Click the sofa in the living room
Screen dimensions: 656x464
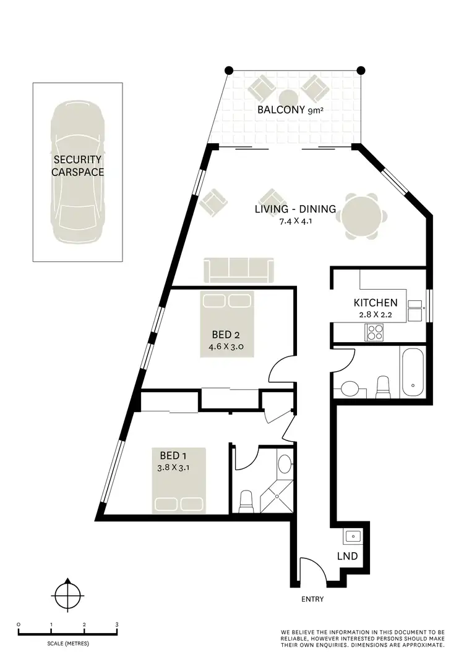pos(239,271)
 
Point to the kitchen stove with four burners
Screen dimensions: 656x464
pos(376,332)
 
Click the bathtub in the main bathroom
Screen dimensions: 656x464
pos(411,373)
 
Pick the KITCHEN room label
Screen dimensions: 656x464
pos(375,303)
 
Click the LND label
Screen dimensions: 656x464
pos(347,556)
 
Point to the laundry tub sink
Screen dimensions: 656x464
pos(353,536)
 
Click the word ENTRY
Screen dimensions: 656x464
pos(312,599)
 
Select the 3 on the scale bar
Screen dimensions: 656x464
pos(117,624)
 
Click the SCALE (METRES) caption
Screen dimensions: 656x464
pos(67,644)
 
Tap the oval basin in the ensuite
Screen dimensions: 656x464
pos(285,464)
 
